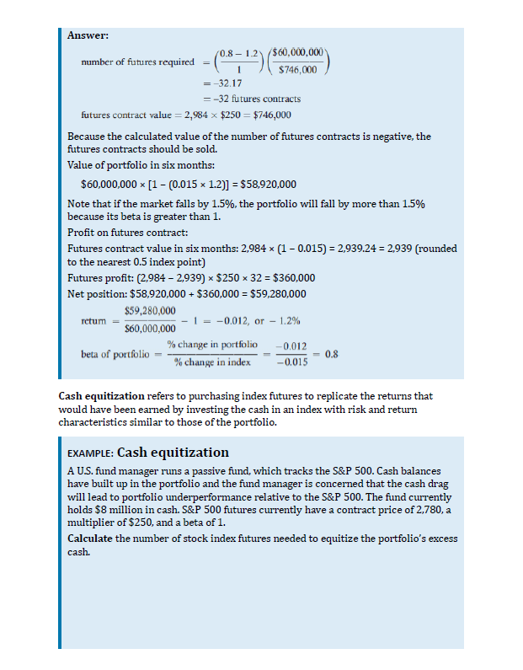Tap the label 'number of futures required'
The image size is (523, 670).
point(137,62)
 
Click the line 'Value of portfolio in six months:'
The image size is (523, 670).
point(126,164)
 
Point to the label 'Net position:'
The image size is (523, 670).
point(92,293)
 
